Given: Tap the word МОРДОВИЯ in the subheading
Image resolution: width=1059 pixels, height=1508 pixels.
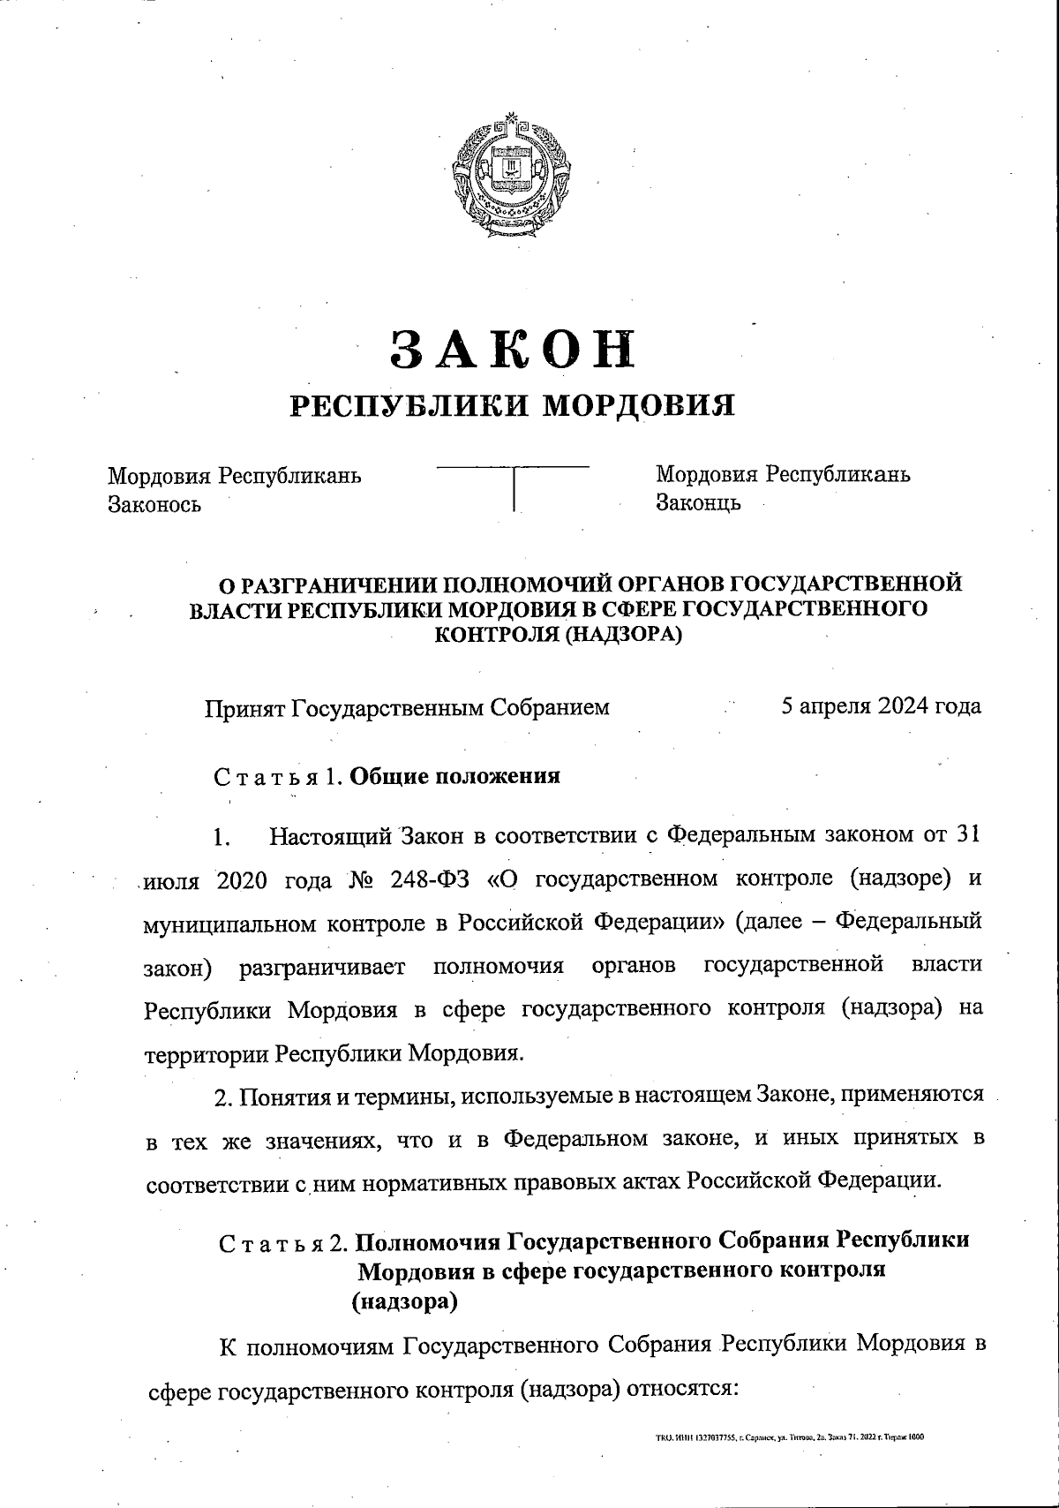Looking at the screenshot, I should click(x=638, y=405).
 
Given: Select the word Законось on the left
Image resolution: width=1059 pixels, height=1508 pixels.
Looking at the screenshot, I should click(x=154, y=504).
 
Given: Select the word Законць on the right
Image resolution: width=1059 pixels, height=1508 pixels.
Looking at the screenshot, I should click(x=698, y=502).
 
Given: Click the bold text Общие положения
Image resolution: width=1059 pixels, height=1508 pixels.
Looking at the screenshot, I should click(x=454, y=776).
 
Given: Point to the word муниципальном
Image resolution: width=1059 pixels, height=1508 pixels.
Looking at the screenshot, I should click(x=230, y=923).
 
